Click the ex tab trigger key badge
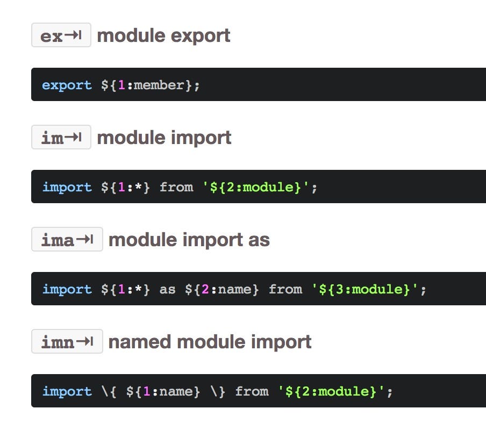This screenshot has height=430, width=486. coord(61,35)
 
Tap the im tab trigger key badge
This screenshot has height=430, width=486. coord(61,138)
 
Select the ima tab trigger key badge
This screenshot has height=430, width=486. coord(67,240)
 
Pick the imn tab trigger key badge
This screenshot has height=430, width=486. coord(67,342)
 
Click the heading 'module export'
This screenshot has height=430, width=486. coord(163,35)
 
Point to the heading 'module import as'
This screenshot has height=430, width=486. coord(189,240)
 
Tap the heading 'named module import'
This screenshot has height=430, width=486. coord(210,342)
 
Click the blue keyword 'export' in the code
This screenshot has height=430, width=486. coord(67,85)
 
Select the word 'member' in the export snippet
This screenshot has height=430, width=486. coord(159,85)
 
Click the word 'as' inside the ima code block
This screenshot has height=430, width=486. coord(167,290)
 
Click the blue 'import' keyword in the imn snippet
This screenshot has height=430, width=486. coord(67,392)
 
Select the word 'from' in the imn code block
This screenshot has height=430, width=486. coord(252,392)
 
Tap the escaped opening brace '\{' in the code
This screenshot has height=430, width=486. coord(109,392)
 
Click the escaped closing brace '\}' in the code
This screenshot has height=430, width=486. coord(217,392)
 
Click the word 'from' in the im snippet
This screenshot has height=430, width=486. coord(176,188)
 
